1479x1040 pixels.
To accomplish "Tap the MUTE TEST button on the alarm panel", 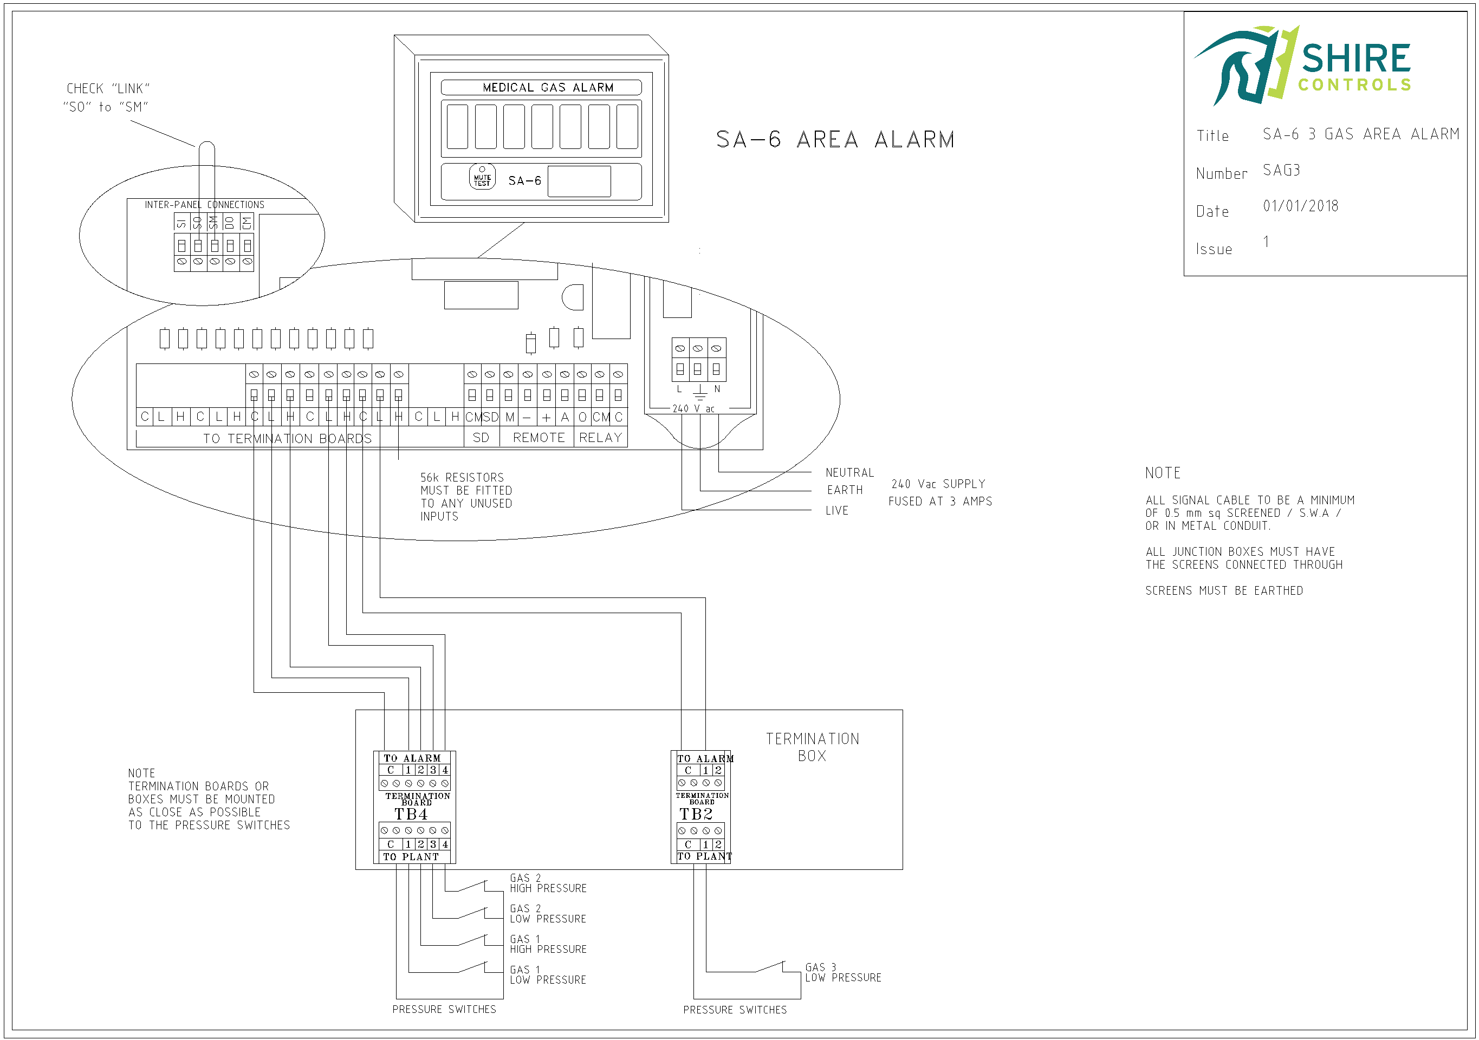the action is tap(482, 177).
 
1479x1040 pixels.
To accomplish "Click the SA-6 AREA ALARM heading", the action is tap(835, 139).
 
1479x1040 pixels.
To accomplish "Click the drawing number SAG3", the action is tap(1281, 170).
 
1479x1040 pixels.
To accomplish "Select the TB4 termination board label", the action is tap(411, 814).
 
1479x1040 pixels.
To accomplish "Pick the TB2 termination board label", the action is tap(696, 814).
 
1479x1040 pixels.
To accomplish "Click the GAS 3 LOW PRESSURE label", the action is tap(842, 972).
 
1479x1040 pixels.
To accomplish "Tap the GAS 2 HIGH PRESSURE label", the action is tap(548, 883).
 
